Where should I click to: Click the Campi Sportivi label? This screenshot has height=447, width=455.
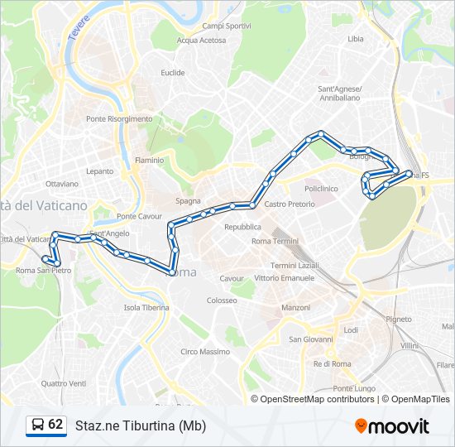pos(227,26)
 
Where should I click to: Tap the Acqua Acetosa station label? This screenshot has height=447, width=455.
pos(201,40)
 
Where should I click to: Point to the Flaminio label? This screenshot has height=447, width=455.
pos(150,160)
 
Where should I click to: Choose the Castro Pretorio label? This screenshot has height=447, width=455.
pos(290,204)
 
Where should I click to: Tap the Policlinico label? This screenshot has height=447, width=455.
pos(321,189)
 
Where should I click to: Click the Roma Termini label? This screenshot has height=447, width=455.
pos(275,241)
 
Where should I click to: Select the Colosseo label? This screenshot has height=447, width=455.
pos(222,300)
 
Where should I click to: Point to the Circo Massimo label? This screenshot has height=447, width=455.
pos(205,352)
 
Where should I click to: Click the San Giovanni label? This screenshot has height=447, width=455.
pos(310,339)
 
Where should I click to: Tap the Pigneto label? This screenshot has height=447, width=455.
pos(399,319)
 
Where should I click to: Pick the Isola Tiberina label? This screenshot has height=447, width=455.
pos(146,307)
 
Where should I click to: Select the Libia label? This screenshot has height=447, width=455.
pos(356,39)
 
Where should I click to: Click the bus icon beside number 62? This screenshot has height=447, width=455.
pos(37,425)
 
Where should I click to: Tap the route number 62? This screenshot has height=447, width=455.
pos(55,425)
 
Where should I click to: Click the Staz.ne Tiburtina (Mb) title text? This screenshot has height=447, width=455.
pos(141,425)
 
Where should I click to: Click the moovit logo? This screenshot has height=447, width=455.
pos(392,426)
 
